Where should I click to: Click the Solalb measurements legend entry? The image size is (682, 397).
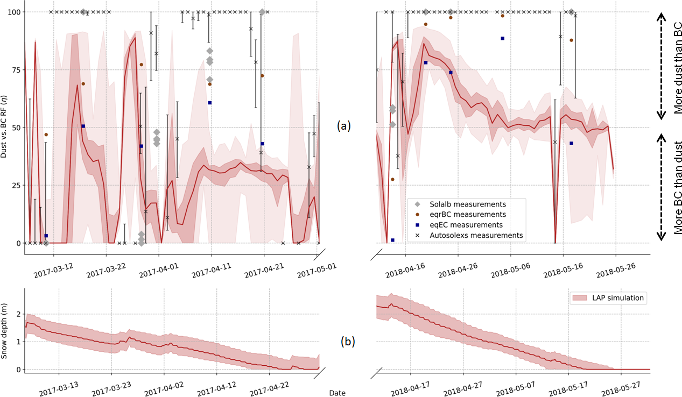click(467, 204)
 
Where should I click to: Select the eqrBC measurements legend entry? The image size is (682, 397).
click(467, 215)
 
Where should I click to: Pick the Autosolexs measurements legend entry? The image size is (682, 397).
click(476, 235)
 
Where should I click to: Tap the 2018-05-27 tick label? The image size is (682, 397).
click(620, 387)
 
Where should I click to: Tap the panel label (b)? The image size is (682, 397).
click(347, 341)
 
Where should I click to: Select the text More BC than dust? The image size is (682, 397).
click(678, 188)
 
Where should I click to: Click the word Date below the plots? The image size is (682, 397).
click(338, 393)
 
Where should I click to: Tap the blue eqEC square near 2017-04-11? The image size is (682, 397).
click(210, 103)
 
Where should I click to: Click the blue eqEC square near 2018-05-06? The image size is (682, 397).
click(502, 38)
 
